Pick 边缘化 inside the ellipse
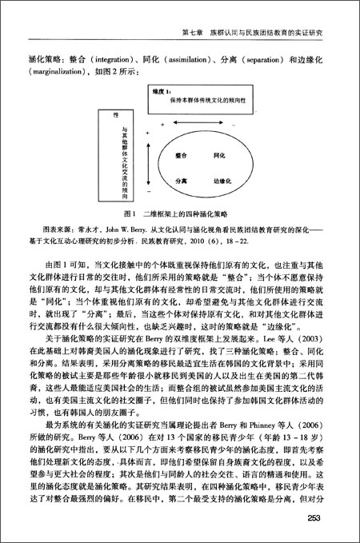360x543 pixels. pyautogui.click(x=222, y=181)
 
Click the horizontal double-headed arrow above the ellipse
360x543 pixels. pyautogui.click(x=200, y=128)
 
